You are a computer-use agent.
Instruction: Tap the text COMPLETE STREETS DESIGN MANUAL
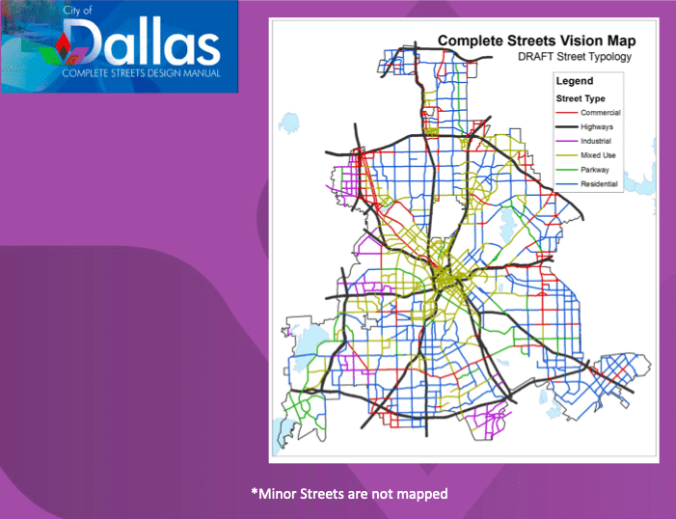click(141, 73)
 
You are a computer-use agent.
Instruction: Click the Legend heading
click(574, 82)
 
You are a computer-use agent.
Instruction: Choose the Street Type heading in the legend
click(579, 98)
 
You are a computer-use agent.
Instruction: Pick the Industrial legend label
click(598, 142)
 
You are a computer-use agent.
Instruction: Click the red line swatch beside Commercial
click(565, 113)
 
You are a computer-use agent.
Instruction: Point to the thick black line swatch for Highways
click(565, 127)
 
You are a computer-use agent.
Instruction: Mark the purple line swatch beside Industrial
click(565, 142)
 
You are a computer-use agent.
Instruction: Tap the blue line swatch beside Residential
click(565, 184)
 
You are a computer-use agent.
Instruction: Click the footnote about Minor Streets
click(349, 494)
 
